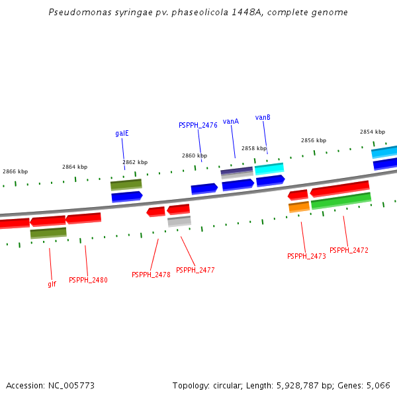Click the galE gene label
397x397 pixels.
[122, 133]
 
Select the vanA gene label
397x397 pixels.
[230, 122]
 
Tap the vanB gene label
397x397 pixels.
[263, 118]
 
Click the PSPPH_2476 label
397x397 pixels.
[198, 125]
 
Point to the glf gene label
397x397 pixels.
[52, 284]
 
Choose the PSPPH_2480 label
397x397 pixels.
[88, 280]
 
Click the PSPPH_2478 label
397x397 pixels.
[151, 275]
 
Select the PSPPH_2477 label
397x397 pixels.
[195, 270]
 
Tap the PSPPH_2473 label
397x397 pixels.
[306, 256]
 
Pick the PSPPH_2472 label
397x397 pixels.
[349, 250]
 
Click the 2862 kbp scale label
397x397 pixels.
[135, 162]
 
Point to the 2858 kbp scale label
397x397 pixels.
[254, 149]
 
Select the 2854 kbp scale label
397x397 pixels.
[373, 132]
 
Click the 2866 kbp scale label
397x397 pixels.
[15, 171]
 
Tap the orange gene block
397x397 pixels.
[299, 207]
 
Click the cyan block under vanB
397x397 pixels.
[269, 169]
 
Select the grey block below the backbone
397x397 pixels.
[179, 222]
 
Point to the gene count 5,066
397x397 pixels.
[378, 385]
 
